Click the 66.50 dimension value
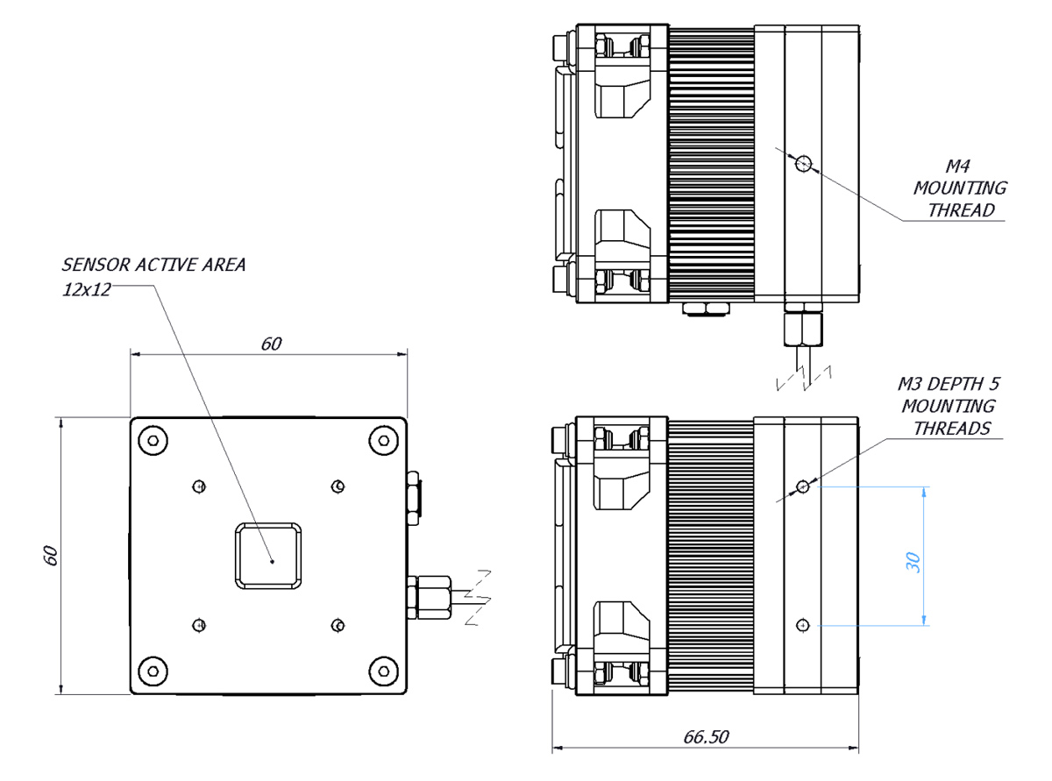pyautogui.click(x=706, y=736)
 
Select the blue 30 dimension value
pyautogui.click(x=913, y=563)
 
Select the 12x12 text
pyautogui.click(x=87, y=289)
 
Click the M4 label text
pyautogui.click(x=957, y=166)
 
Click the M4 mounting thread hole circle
pyautogui.click(x=803, y=164)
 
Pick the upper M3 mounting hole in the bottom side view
pyautogui.click(x=802, y=486)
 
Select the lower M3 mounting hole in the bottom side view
pyautogui.click(x=802, y=625)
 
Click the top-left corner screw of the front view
pyautogui.click(x=153, y=441)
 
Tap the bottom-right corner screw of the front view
pyautogui.click(x=384, y=671)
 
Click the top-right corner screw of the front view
pyautogui.click(x=384, y=441)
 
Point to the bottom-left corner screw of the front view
pyautogui.click(x=153, y=671)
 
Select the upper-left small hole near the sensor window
pyautogui.click(x=199, y=486)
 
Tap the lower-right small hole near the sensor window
pyautogui.click(x=338, y=625)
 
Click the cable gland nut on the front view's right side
pyautogui.click(x=429, y=598)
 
